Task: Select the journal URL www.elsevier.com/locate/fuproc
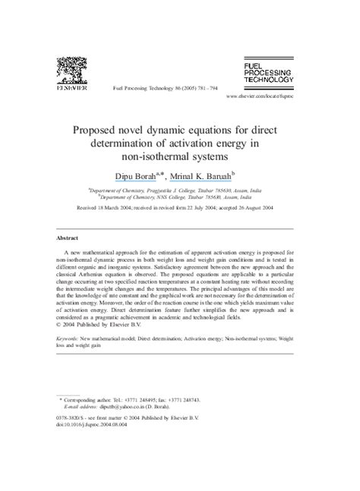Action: [x=270, y=99]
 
